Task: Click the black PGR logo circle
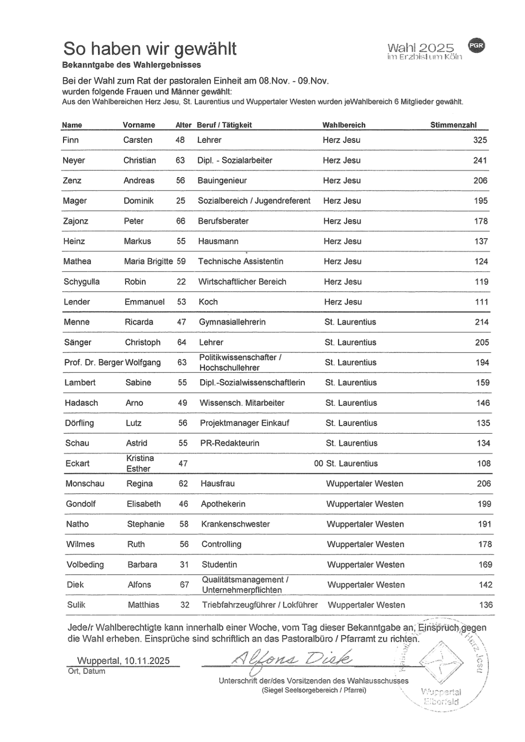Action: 476,45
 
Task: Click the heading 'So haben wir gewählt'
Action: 150,49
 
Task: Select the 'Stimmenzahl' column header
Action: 453,125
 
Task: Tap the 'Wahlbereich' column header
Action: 344,125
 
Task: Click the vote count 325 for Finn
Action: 480,140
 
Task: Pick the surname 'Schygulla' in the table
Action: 82,281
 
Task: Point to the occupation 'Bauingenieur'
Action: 222,180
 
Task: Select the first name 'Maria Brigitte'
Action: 148,262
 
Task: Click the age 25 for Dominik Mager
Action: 180,201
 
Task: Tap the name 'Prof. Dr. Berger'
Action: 94,363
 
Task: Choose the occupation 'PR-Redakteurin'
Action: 230,443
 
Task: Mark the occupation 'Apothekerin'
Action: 223,504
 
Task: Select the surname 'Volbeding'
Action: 85,565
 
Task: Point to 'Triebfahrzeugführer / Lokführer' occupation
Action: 260,605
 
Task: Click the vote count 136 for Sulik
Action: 486,605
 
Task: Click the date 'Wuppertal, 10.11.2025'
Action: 123,661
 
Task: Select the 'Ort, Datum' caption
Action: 87,671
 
